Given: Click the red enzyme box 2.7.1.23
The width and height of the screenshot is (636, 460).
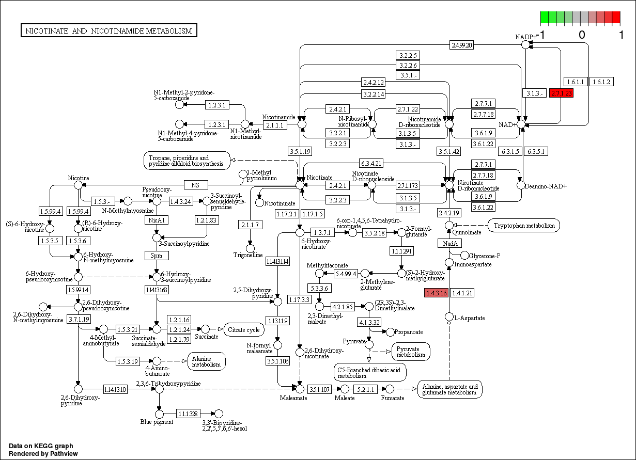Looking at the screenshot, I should (561, 93).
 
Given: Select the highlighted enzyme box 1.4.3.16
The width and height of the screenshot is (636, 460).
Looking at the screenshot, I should (436, 293).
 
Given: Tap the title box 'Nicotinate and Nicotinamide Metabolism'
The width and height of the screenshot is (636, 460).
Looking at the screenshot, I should (108, 31).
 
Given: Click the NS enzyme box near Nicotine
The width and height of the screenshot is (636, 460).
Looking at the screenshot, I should (195, 185).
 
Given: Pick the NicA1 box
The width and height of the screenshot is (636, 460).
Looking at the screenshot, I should (157, 220).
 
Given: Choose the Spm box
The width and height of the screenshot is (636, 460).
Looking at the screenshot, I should (157, 256).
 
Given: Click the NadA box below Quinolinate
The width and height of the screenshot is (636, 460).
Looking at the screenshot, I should (449, 243).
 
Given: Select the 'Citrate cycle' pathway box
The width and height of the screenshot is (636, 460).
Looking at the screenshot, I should (243, 329).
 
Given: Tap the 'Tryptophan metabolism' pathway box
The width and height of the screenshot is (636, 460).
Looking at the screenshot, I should (524, 225).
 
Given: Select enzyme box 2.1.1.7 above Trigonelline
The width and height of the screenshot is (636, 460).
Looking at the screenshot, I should (251, 225).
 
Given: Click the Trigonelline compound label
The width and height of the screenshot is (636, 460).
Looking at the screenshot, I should (248, 255).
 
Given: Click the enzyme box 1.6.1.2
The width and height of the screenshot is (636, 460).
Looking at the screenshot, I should (601, 82).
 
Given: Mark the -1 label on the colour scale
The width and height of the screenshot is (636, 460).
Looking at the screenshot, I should (540, 35).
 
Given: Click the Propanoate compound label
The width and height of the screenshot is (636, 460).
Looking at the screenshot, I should (408, 332).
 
